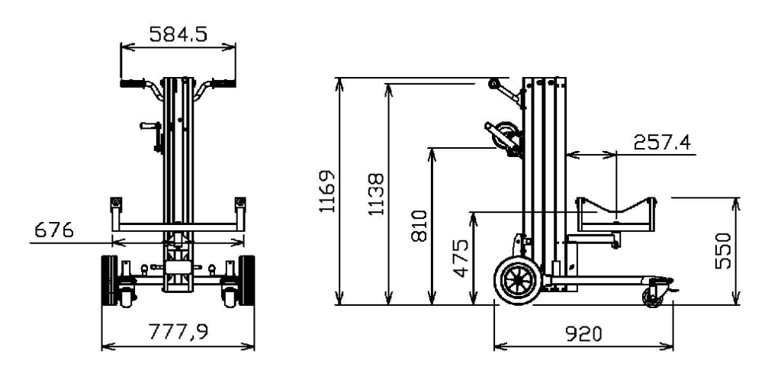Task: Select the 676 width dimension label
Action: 50,230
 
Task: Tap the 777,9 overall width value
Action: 178,333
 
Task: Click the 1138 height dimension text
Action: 377,195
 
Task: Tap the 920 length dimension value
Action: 583,333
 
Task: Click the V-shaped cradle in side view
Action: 615,213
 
